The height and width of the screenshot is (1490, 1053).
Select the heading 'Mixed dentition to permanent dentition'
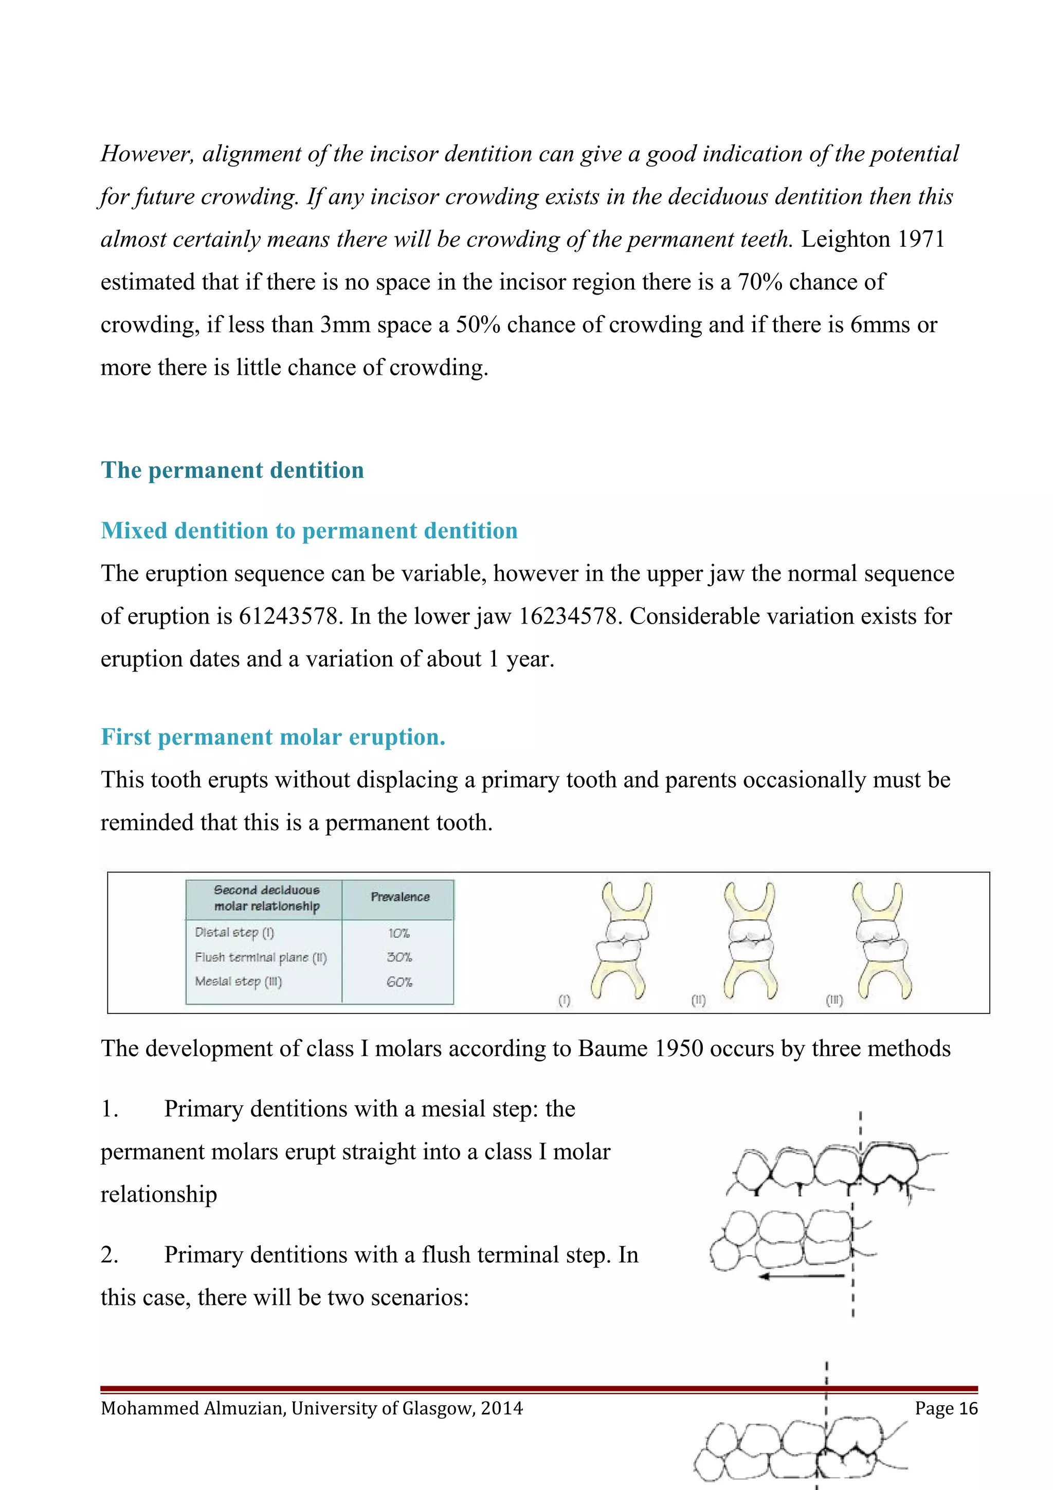[x=309, y=530]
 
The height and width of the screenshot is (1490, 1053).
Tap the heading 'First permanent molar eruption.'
[x=273, y=737]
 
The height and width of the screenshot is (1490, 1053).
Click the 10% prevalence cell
[x=398, y=933]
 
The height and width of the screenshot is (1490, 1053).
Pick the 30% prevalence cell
[x=399, y=957]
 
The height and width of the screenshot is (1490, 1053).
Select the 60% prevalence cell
[x=399, y=982]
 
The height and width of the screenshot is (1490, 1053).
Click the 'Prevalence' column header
[x=400, y=897]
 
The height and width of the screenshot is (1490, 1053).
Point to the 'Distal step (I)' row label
[x=234, y=933]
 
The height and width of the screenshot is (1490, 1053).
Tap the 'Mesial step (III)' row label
[x=238, y=981]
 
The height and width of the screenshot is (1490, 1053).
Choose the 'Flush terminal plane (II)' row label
[x=260, y=957]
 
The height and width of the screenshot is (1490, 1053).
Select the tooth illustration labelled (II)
[x=749, y=940]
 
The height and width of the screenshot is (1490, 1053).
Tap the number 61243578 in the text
[x=289, y=616]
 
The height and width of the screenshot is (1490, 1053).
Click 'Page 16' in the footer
[x=946, y=1408]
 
